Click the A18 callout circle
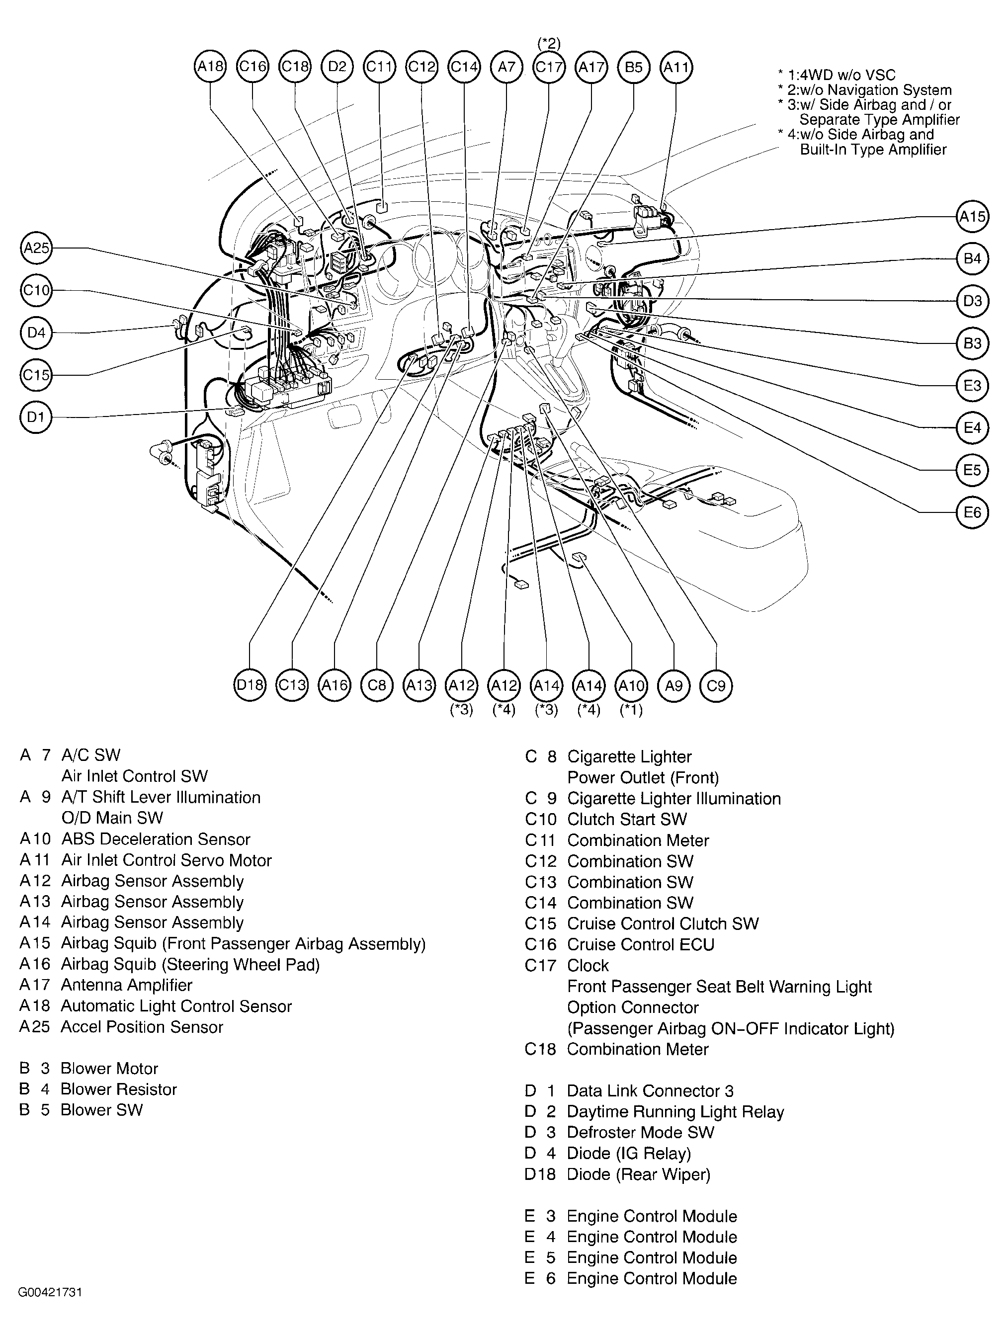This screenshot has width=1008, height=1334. click(211, 66)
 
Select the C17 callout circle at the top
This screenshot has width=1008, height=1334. click(549, 66)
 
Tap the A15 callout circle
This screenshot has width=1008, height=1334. click(972, 217)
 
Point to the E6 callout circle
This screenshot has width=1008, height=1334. click(972, 512)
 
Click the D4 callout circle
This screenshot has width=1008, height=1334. click(36, 333)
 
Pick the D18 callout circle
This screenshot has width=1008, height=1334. click(250, 685)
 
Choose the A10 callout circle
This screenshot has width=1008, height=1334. click(631, 685)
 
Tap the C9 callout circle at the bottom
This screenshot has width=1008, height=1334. click(716, 685)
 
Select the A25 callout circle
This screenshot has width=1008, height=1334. click(36, 248)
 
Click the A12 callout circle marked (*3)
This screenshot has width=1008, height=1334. click(461, 685)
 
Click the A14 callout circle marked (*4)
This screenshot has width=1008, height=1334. click(589, 685)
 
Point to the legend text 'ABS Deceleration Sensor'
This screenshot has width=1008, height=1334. click(156, 839)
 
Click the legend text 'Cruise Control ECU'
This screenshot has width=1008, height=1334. click(641, 944)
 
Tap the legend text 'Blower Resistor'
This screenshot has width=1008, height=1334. click(119, 1089)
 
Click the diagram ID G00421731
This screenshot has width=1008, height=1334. click(50, 1292)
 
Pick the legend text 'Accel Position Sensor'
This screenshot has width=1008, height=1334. click(142, 1027)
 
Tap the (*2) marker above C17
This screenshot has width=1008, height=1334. click(549, 43)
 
